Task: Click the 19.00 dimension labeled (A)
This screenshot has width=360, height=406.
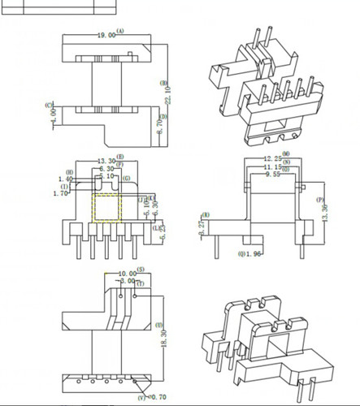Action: [x=106, y=35]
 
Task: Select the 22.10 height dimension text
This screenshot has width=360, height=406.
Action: [x=168, y=94]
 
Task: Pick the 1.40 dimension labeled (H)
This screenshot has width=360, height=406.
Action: [x=65, y=179]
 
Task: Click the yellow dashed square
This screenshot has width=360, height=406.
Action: [x=106, y=209]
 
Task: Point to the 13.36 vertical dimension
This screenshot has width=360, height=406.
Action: [x=327, y=213]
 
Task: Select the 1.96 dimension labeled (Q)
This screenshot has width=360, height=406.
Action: [x=254, y=254]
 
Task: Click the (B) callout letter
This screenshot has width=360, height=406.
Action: [x=164, y=83]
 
